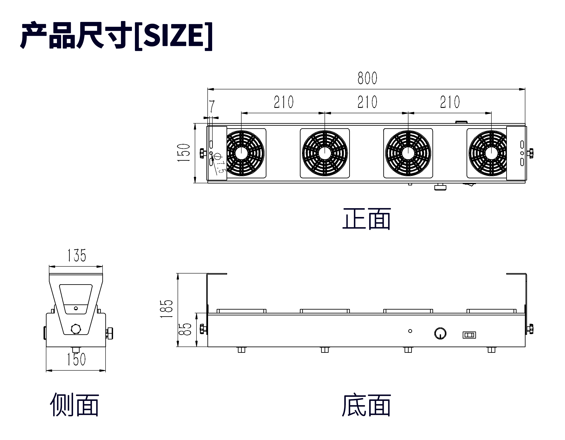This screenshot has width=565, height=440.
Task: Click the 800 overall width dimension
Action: [367, 78]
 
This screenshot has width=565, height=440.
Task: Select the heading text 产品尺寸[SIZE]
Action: [116, 35]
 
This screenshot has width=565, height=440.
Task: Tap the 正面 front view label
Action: [366, 219]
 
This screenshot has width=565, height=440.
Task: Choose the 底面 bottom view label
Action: [366, 405]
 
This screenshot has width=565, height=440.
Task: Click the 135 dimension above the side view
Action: [77, 255]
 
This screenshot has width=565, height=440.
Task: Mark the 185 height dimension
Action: [166, 309]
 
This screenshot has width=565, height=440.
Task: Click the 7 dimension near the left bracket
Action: [212, 106]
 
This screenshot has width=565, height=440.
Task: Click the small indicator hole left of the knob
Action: [410, 331]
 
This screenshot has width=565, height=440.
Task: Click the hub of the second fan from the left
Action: [325, 153]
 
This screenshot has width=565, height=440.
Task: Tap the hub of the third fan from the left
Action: [408, 153]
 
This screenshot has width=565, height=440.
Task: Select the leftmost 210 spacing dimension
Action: [284, 102]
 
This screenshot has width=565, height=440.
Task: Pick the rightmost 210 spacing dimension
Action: [450, 102]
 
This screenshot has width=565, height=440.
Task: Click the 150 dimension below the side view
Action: [76, 359]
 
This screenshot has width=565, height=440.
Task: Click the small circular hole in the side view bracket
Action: [76, 308]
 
